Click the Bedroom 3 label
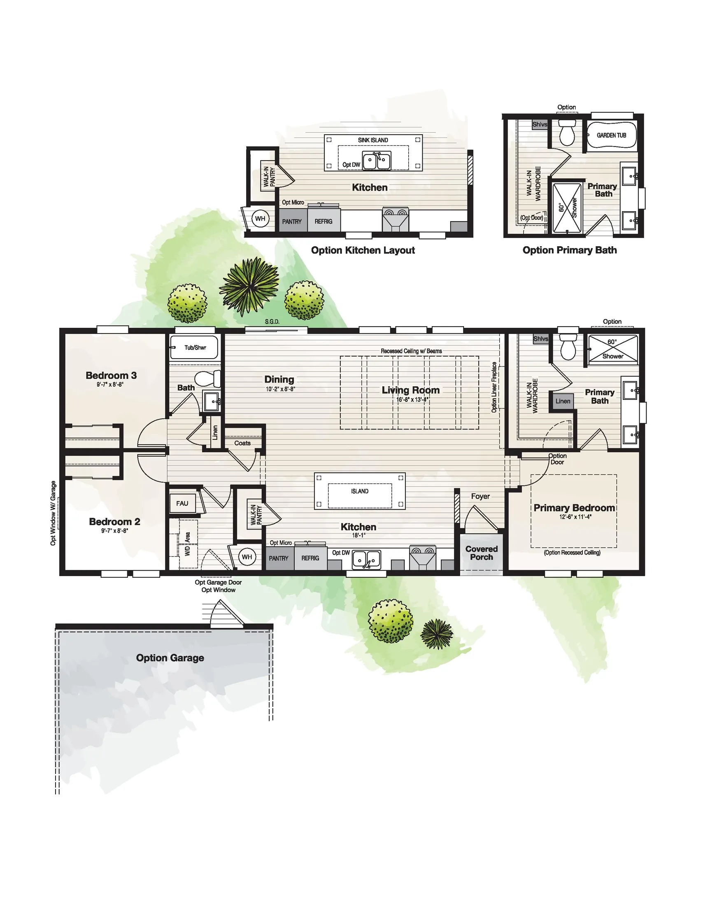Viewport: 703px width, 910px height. coord(111,376)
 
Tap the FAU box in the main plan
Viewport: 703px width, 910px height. coord(182,503)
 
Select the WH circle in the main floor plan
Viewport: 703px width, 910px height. coord(247,557)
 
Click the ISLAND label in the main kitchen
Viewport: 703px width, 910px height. coord(359,491)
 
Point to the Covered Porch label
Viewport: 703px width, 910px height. coord(482,553)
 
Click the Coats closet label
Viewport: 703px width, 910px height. coord(242,443)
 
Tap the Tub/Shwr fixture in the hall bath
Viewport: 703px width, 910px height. coord(195,348)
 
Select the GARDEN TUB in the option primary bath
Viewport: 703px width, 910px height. coord(611,135)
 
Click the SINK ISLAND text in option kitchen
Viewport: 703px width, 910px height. coord(373,140)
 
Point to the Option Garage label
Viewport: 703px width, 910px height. coord(170,658)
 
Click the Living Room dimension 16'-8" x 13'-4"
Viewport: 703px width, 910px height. coord(412,399)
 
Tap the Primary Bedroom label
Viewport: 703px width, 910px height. coord(574,508)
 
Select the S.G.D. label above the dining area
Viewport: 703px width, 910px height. coord(272,322)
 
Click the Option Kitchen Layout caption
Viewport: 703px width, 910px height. coord(363,250)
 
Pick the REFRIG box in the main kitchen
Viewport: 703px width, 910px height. coord(310,558)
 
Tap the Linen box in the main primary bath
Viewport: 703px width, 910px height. coord(562,401)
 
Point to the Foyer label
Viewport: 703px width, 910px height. coord(480,496)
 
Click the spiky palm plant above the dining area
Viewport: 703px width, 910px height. coord(249,286)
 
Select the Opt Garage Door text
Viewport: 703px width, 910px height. coord(218,582)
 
